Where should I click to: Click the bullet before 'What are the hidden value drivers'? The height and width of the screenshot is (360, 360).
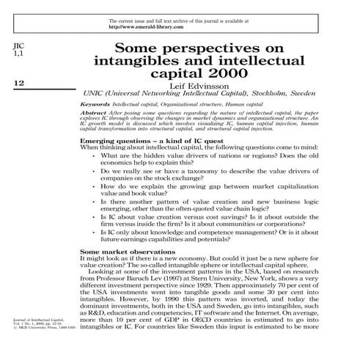(x=93, y=155)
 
